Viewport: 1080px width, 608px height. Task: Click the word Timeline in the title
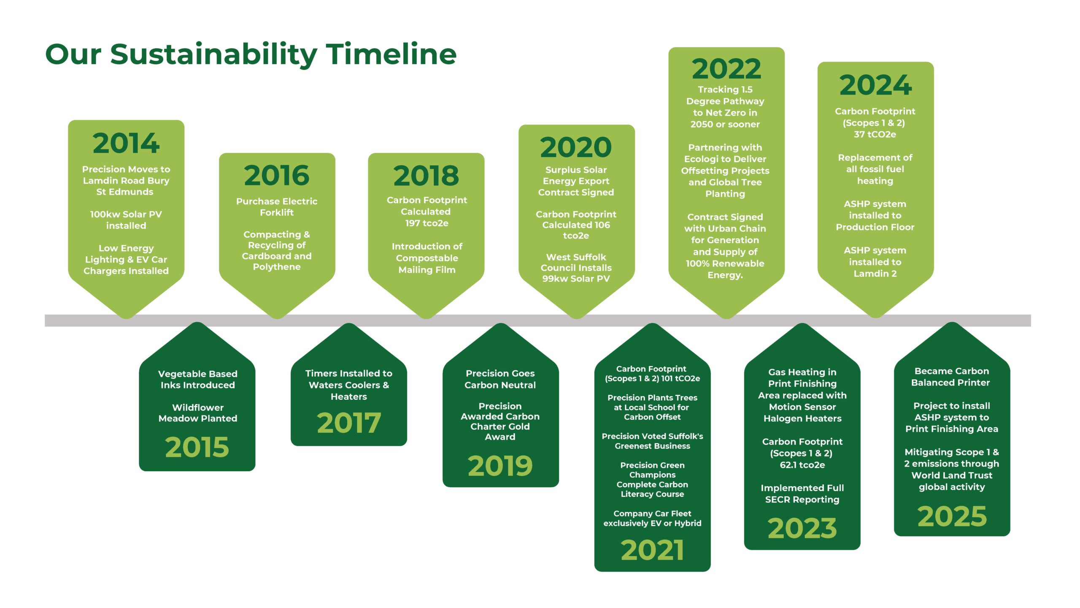point(391,54)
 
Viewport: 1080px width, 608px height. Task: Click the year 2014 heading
point(126,143)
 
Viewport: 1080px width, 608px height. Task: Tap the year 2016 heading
point(277,176)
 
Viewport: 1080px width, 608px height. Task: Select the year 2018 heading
point(426,176)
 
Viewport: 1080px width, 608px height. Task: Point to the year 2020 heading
point(576,147)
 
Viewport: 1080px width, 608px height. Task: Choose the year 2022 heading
point(726,69)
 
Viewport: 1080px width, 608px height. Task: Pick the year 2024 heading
point(875,85)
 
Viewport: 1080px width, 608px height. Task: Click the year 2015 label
point(197,447)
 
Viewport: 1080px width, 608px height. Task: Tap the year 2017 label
point(349,423)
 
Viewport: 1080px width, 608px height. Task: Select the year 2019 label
point(500,466)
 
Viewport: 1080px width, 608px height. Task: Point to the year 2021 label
point(652,551)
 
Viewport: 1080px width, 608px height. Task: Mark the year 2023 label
point(802,529)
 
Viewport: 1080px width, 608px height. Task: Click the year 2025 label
point(952,517)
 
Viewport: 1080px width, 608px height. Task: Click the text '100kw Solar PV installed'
point(126,220)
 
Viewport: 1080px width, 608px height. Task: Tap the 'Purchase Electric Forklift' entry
point(277,207)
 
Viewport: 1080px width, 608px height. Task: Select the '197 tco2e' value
point(427,223)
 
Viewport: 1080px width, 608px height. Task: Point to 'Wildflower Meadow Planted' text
point(198,413)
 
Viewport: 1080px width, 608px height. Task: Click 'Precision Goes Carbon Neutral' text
point(500,379)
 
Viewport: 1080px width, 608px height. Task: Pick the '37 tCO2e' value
point(875,135)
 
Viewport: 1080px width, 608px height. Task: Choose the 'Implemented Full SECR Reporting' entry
point(802,494)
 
